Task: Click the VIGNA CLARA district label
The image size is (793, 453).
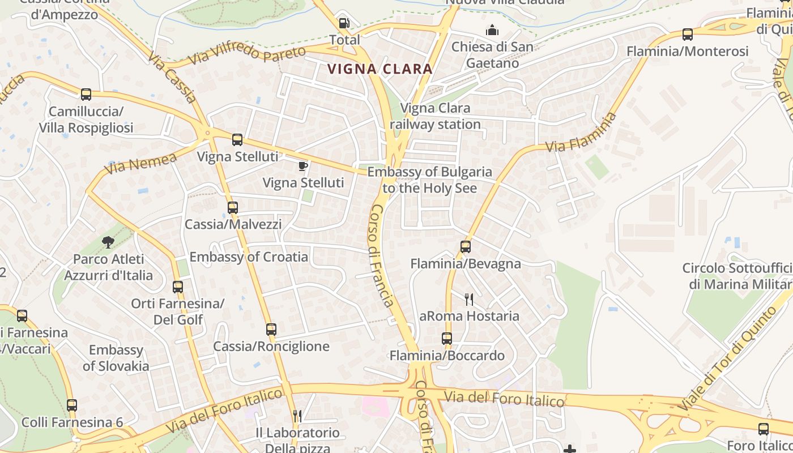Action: click(380, 69)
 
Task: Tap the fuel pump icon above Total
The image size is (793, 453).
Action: click(344, 24)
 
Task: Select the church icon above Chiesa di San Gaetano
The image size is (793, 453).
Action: click(492, 29)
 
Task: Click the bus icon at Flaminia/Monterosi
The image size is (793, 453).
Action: click(688, 35)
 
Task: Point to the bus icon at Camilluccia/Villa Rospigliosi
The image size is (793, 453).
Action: click(86, 95)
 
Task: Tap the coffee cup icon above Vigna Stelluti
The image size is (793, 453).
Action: click(303, 166)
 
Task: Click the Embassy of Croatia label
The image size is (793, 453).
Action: click(249, 257)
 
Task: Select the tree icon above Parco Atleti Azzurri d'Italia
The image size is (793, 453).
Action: click(108, 242)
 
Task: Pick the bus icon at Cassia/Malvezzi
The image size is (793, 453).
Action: click(233, 208)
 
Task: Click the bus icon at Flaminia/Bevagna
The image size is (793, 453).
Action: click(466, 247)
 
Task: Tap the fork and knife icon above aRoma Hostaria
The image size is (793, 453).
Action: click(469, 299)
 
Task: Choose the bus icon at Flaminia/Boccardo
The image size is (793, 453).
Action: click(447, 339)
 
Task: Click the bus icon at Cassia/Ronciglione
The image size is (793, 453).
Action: click(271, 330)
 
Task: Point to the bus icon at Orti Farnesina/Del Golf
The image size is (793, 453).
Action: click(178, 287)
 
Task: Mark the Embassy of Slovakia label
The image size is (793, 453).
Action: click(116, 358)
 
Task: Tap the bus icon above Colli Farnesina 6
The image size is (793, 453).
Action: click(72, 405)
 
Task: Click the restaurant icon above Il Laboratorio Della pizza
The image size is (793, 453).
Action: click(297, 416)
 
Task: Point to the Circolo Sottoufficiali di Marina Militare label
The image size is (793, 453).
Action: click(737, 276)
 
